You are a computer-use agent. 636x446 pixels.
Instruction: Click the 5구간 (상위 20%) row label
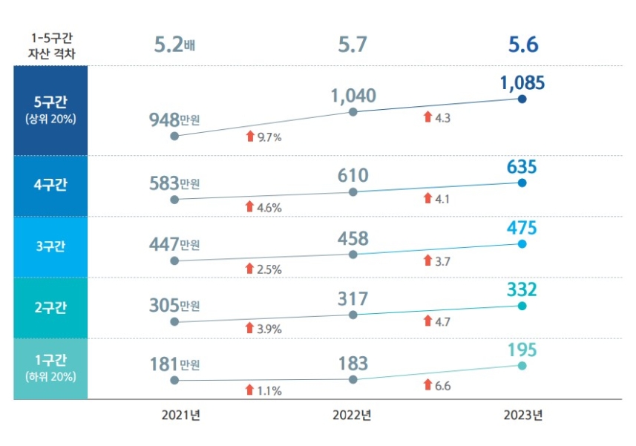[x=50, y=110]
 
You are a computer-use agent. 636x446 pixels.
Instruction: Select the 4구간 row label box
[x=50, y=186]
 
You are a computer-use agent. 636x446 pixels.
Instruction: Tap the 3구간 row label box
[x=50, y=246]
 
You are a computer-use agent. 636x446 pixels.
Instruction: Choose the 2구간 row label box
[x=50, y=307]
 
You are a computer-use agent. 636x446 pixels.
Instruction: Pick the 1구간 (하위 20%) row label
[x=50, y=368]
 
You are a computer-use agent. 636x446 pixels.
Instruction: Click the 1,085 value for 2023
[x=522, y=82]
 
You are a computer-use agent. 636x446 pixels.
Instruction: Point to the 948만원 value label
[x=174, y=119]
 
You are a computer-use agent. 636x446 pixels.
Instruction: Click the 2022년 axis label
[x=352, y=415]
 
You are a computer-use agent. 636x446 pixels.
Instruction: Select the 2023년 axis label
[x=522, y=415]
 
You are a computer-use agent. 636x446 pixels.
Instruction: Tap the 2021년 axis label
[x=181, y=415]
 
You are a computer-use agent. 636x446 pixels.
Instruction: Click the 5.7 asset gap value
[x=353, y=45]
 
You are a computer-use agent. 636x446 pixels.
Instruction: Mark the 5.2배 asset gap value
[x=174, y=45]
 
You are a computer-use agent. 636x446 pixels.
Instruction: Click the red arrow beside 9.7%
[x=250, y=136]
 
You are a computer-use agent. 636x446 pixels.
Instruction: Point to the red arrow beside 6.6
[x=427, y=384]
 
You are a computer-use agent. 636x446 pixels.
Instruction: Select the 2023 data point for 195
[x=522, y=365]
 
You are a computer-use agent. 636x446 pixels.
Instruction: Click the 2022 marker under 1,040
[x=353, y=112]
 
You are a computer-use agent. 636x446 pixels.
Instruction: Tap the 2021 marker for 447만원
[x=174, y=260]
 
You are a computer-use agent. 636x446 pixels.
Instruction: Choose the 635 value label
[x=522, y=167]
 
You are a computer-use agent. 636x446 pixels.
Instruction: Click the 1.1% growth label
[x=269, y=390]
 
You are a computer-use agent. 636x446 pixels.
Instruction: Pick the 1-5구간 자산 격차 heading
[x=50, y=45]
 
